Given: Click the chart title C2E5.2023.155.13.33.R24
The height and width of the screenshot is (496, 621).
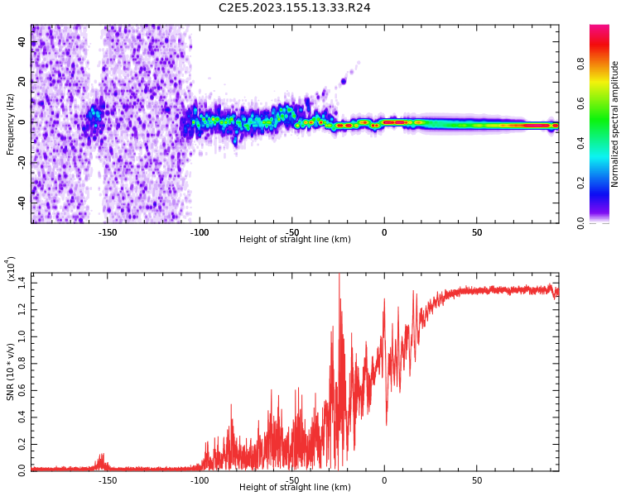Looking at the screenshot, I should click(x=295, y=7).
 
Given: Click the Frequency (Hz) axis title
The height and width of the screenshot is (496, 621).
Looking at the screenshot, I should click(x=11, y=124).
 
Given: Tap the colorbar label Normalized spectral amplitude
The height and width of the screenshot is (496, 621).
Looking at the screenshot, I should click(x=615, y=124).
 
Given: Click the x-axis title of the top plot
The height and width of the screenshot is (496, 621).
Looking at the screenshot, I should click(x=295, y=240).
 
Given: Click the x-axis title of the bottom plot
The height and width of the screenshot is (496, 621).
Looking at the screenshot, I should click(x=295, y=488).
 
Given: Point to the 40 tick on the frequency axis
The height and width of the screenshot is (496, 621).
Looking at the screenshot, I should click(x=22, y=41).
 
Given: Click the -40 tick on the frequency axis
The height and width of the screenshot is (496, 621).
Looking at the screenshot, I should click(x=22, y=201).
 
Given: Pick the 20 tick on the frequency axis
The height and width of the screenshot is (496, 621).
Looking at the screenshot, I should click(x=22, y=81).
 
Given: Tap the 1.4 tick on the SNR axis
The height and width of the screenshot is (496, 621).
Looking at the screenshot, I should click(x=22, y=283).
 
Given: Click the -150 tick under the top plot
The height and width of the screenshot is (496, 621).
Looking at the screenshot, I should click(x=108, y=232).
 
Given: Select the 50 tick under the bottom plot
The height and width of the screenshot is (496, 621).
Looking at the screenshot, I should click(x=477, y=480).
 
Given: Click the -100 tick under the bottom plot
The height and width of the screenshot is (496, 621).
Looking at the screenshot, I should click(x=200, y=480).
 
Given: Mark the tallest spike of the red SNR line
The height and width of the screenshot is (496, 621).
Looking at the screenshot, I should click(x=339, y=275).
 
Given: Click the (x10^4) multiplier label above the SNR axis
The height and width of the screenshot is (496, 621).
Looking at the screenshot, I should click(x=11, y=268).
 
